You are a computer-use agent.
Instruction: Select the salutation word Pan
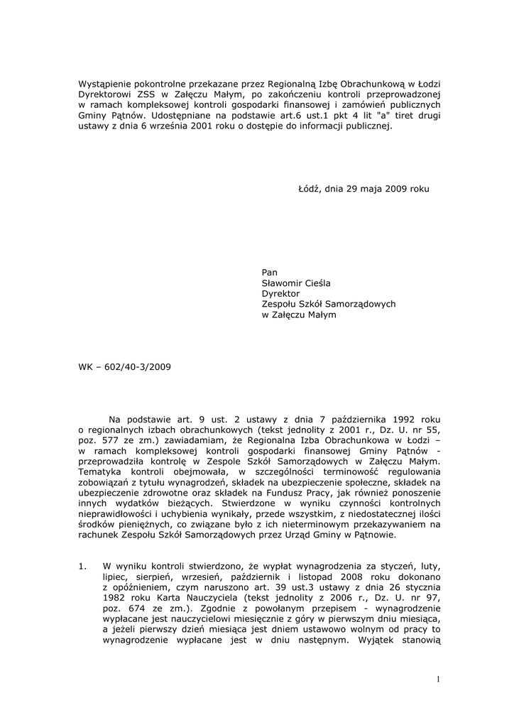pos(270,272)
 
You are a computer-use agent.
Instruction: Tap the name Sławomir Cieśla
pos(296,283)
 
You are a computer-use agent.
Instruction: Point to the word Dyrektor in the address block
pos(281,293)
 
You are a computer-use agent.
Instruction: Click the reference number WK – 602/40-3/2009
pos(124,367)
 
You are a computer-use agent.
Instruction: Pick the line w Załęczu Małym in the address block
pos(299,315)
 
